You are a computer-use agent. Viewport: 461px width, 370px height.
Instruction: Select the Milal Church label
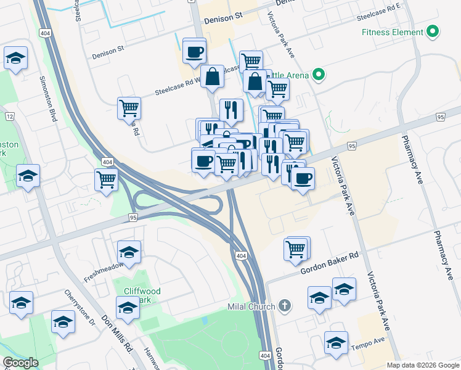tap(251, 306)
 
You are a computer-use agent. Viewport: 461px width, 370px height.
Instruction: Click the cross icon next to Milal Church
tap(284, 305)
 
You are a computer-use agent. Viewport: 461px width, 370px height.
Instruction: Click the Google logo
tap(20, 362)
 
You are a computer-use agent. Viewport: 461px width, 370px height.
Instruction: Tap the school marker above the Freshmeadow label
tap(129, 252)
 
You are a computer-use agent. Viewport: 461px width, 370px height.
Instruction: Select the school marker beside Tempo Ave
tap(337, 342)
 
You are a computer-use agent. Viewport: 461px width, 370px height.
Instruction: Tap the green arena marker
tap(318, 76)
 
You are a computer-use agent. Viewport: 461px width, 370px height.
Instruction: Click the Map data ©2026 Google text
tap(422, 365)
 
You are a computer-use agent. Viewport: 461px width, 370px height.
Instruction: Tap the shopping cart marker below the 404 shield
tap(107, 180)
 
